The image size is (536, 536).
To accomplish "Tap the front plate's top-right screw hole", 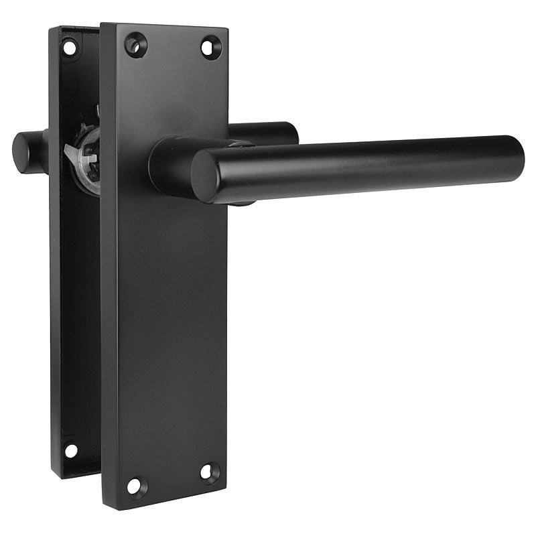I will [x=210, y=48].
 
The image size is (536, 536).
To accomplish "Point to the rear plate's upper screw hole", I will [x=70, y=48].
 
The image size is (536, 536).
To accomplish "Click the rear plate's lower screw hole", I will [x=70, y=450].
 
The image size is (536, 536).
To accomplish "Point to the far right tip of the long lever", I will [x=522, y=157].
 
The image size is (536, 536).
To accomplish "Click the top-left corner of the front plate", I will [x=102, y=25].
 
